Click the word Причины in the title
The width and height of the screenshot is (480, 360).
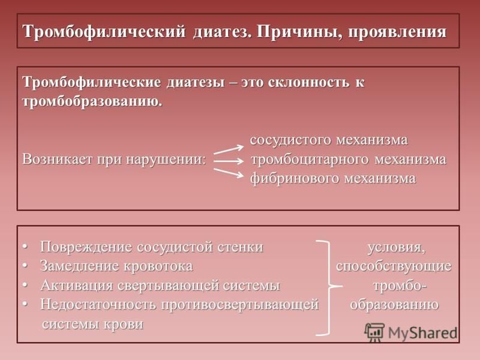pos(299,32)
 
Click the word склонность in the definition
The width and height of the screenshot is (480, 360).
pos(308,82)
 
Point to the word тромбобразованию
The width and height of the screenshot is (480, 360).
pos(92,101)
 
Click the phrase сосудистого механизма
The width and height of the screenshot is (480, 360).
pos(329,140)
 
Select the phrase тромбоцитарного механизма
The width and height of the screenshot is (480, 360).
pos(349,160)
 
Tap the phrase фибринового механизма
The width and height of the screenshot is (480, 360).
pos(333,178)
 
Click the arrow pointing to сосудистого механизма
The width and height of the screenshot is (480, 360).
pos(229,149)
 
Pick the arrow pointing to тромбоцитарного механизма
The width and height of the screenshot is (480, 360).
pos(229,161)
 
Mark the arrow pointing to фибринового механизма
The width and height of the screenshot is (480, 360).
pos(229,173)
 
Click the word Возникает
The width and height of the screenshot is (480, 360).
pos(57,159)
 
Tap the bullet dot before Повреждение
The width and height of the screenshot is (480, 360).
pos(25,247)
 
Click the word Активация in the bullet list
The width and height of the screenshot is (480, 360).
pos(77,286)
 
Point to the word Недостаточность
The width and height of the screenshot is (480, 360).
pos(98,304)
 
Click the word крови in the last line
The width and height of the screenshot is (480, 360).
pos(124,324)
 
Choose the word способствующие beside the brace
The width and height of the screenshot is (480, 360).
pos(394,266)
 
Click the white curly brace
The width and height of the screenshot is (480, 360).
pos(330,287)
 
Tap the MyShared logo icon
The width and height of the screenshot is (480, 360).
pos(374,332)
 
